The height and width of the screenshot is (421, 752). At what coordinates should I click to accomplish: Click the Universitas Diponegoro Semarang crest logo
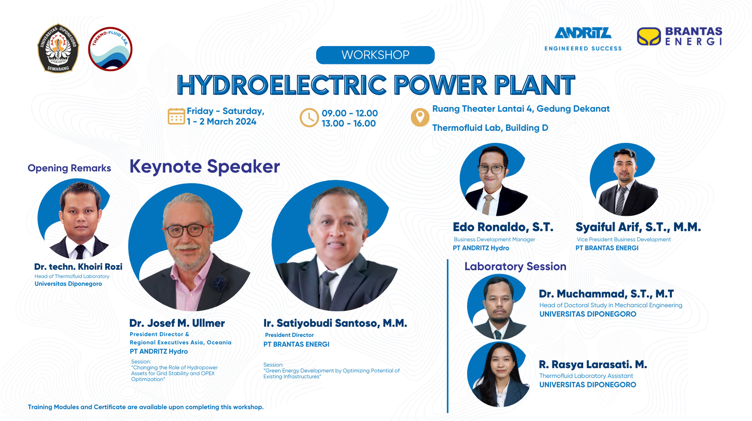point(58,48)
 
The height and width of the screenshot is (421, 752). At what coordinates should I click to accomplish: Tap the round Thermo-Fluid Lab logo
point(110,49)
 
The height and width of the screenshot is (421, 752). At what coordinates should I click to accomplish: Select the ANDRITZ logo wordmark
point(583,33)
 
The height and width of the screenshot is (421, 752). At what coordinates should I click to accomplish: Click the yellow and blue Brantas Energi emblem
point(649,36)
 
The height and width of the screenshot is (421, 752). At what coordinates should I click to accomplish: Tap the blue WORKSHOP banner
point(375,55)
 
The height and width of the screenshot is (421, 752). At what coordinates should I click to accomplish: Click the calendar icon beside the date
point(176,116)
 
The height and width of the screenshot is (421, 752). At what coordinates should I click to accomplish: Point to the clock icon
point(309,118)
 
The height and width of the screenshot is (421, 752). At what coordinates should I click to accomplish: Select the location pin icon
point(420,117)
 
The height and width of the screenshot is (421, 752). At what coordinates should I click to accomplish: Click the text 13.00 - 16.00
point(349,123)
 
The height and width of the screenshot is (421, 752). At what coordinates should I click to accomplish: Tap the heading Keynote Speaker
point(205,167)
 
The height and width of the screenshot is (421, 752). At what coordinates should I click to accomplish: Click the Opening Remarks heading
point(69,168)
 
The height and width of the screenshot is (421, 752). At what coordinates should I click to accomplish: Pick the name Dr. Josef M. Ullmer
point(177,323)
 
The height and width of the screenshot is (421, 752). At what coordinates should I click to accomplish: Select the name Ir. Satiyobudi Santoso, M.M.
point(335,323)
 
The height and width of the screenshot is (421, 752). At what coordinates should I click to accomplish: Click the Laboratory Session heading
point(515,267)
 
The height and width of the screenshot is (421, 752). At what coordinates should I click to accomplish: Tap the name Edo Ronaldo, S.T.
point(503,227)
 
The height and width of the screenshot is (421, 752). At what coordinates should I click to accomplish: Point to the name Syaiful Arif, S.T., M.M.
point(638,227)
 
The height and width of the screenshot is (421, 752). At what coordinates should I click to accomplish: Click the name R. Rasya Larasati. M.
point(593,364)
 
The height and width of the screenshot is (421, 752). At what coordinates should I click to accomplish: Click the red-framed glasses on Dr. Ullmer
point(188,230)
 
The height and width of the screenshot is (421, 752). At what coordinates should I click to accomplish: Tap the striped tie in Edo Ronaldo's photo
point(487,204)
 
